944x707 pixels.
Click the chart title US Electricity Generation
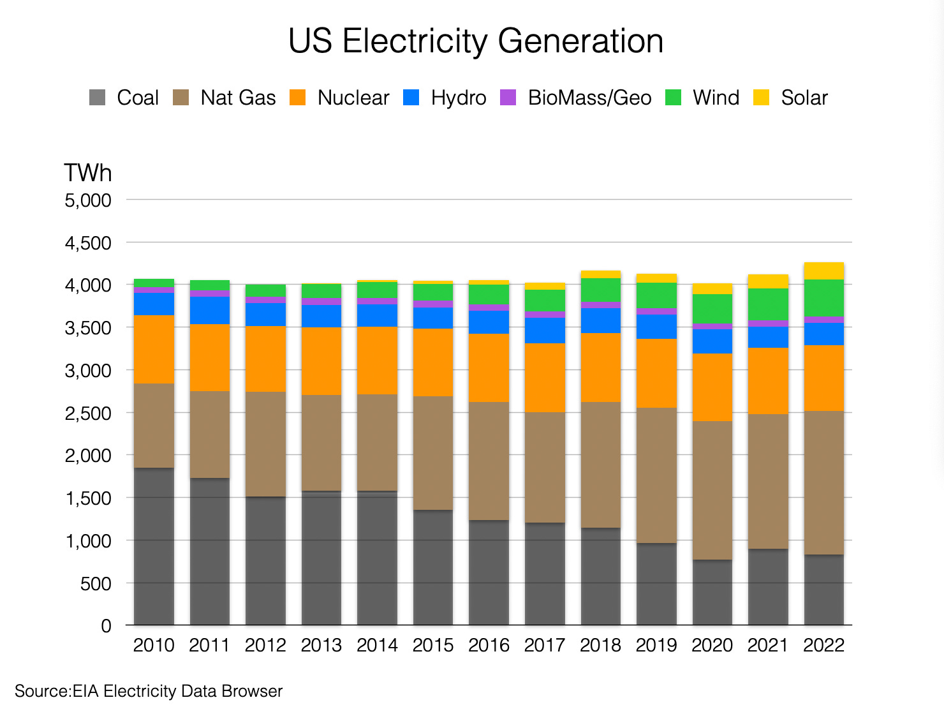tap(475, 41)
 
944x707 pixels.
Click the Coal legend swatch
tap(97, 98)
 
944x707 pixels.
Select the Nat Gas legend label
tap(238, 98)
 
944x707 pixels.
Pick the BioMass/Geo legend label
tap(589, 98)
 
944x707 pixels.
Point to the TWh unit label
tap(87, 173)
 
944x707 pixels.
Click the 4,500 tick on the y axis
tap(88, 243)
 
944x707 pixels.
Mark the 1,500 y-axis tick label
tap(88, 498)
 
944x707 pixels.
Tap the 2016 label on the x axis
tap(489, 646)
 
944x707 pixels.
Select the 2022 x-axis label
tap(823, 646)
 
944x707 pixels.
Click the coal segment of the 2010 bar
tap(154, 546)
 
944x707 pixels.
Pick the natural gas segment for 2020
tap(712, 490)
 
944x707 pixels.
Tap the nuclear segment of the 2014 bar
tap(377, 361)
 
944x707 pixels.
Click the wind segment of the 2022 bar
tap(823, 298)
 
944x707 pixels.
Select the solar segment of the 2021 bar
tap(768, 281)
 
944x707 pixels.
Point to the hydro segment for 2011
tap(210, 310)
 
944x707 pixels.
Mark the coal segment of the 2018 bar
tap(600, 576)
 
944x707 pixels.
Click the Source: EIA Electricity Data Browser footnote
tap(148, 692)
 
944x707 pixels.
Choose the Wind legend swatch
tap(673, 98)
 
